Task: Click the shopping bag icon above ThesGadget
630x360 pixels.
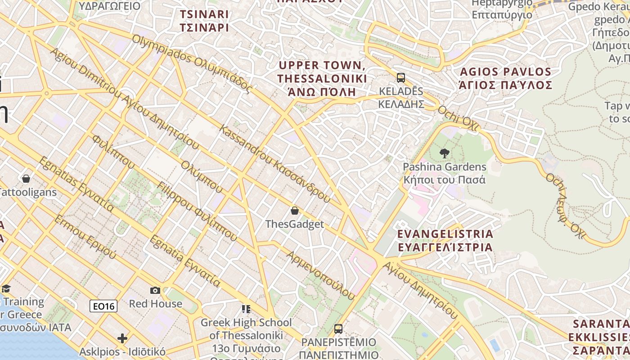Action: pyautogui.click(x=295, y=210)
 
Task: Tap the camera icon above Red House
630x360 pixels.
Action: pyautogui.click(x=155, y=290)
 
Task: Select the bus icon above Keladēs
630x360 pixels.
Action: pyautogui.click(x=401, y=78)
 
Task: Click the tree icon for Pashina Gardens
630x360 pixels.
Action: pyautogui.click(x=445, y=153)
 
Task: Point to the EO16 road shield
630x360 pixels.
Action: pyautogui.click(x=103, y=306)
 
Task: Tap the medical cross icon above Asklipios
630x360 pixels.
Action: pyautogui.click(x=122, y=338)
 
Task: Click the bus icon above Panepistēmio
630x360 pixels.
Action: pyautogui.click(x=338, y=328)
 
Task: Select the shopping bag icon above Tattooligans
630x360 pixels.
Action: pyautogui.click(x=26, y=179)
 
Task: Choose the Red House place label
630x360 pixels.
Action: pyautogui.click(x=156, y=304)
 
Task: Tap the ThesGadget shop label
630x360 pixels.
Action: pyautogui.click(x=294, y=224)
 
